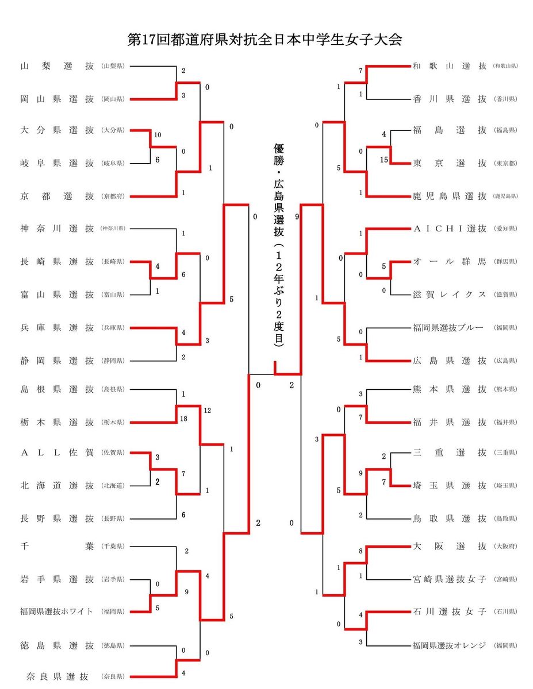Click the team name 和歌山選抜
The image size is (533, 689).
tap(450, 66)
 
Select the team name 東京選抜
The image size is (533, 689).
tap(450, 164)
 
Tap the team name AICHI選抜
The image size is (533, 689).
tap(450, 229)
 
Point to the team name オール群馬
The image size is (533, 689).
tap(450, 262)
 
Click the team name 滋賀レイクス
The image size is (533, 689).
tap(450, 295)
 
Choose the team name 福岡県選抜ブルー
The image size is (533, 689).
tap(448, 328)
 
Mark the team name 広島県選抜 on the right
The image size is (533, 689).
tap(450, 361)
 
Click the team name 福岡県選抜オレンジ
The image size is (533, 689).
tap(450, 644)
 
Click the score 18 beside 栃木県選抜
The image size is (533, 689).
tap(183, 420)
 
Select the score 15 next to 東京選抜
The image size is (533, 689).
tap(384, 160)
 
